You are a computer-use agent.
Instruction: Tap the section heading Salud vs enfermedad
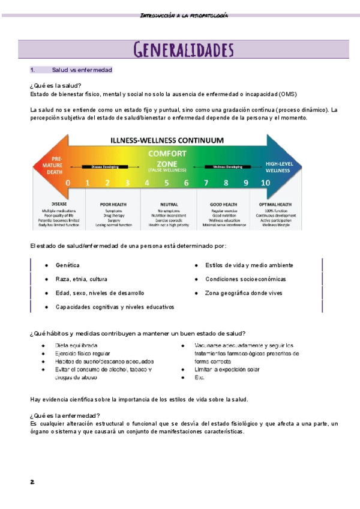(82, 70)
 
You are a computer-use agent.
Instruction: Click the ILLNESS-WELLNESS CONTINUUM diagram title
(167, 140)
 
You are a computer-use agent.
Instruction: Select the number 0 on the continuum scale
(68, 182)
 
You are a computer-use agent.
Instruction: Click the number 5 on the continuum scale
(167, 182)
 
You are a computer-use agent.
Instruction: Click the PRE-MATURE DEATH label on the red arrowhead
(51, 161)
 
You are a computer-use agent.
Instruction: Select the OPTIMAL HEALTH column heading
(279, 205)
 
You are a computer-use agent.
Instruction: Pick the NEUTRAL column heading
(169, 205)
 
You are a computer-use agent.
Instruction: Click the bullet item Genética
(67, 265)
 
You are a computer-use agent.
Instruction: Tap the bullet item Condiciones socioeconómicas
(245, 279)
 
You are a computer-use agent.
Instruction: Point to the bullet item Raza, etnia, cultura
(82, 279)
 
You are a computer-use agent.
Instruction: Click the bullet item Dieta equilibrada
(76, 346)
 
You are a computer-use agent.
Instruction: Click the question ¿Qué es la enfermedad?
(65, 416)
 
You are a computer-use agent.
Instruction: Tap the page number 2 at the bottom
(32, 481)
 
